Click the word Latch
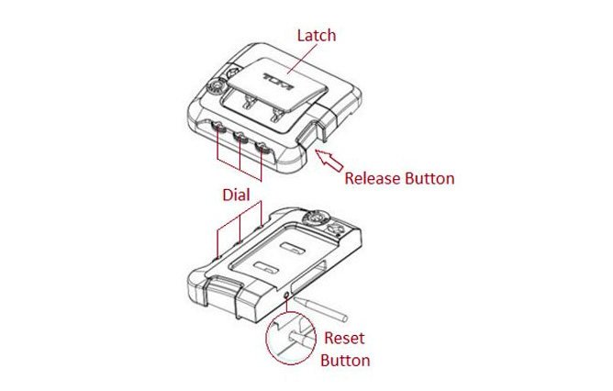317,35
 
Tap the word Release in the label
373,178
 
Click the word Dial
236,195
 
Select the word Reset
344,338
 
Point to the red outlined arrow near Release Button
329,161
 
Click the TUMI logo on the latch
278,82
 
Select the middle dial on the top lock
240,137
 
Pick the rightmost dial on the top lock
262,148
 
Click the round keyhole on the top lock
216,86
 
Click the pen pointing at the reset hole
320,309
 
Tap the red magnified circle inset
291,339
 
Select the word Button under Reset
345,360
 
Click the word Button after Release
429,178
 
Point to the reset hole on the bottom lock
287,296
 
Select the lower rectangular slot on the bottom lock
266,267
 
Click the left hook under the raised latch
248,101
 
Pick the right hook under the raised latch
277,115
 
